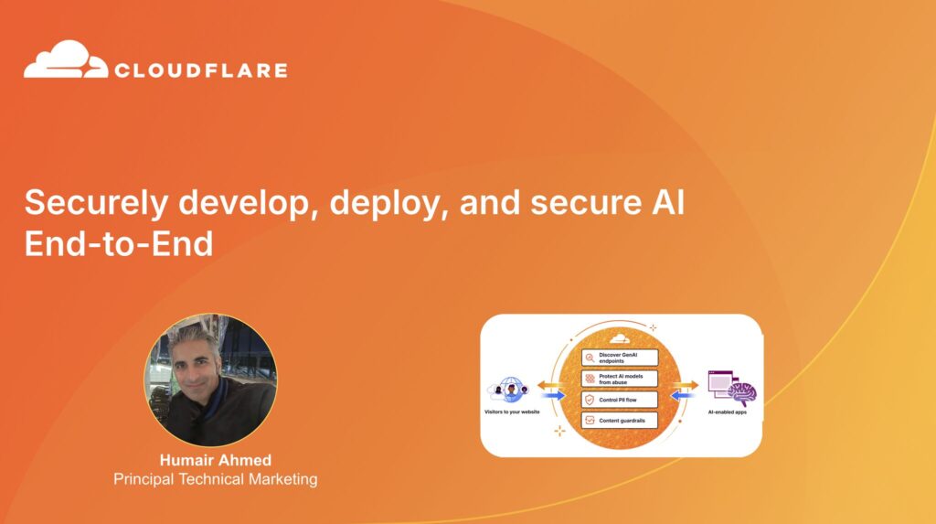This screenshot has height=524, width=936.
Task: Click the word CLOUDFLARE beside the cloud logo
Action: pyautogui.click(x=201, y=70)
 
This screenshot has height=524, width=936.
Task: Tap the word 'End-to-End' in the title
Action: pyautogui.click(x=119, y=244)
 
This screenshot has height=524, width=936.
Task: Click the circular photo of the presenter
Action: pyautogui.click(x=210, y=380)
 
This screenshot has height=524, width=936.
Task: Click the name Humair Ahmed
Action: pyautogui.click(x=216, y=460)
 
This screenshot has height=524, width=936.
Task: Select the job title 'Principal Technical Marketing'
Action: pyautogui.click(x=216, y=478)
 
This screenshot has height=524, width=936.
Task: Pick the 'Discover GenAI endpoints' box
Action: pyautogui.click(x=620, y=358)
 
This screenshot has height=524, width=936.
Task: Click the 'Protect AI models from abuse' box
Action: pyautogui.click(x=620, y=379)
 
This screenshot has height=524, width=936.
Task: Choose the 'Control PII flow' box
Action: pyautogui.click(x=620, y=400)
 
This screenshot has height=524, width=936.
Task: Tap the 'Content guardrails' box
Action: pyautogui.click(x=620, y=421)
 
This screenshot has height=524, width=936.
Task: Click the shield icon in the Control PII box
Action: pyautogui.click(x=590, y=400)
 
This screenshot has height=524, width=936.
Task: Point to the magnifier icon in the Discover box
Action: pyautogui.click(x=590, y=358)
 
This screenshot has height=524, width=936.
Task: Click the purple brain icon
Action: pyautogui.click(x=741, y=392)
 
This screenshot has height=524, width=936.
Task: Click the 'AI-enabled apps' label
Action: pyautogui.click(x=730, y=412)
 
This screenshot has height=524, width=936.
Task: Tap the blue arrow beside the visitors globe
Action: pyautogui.click(x=551, y=396)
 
